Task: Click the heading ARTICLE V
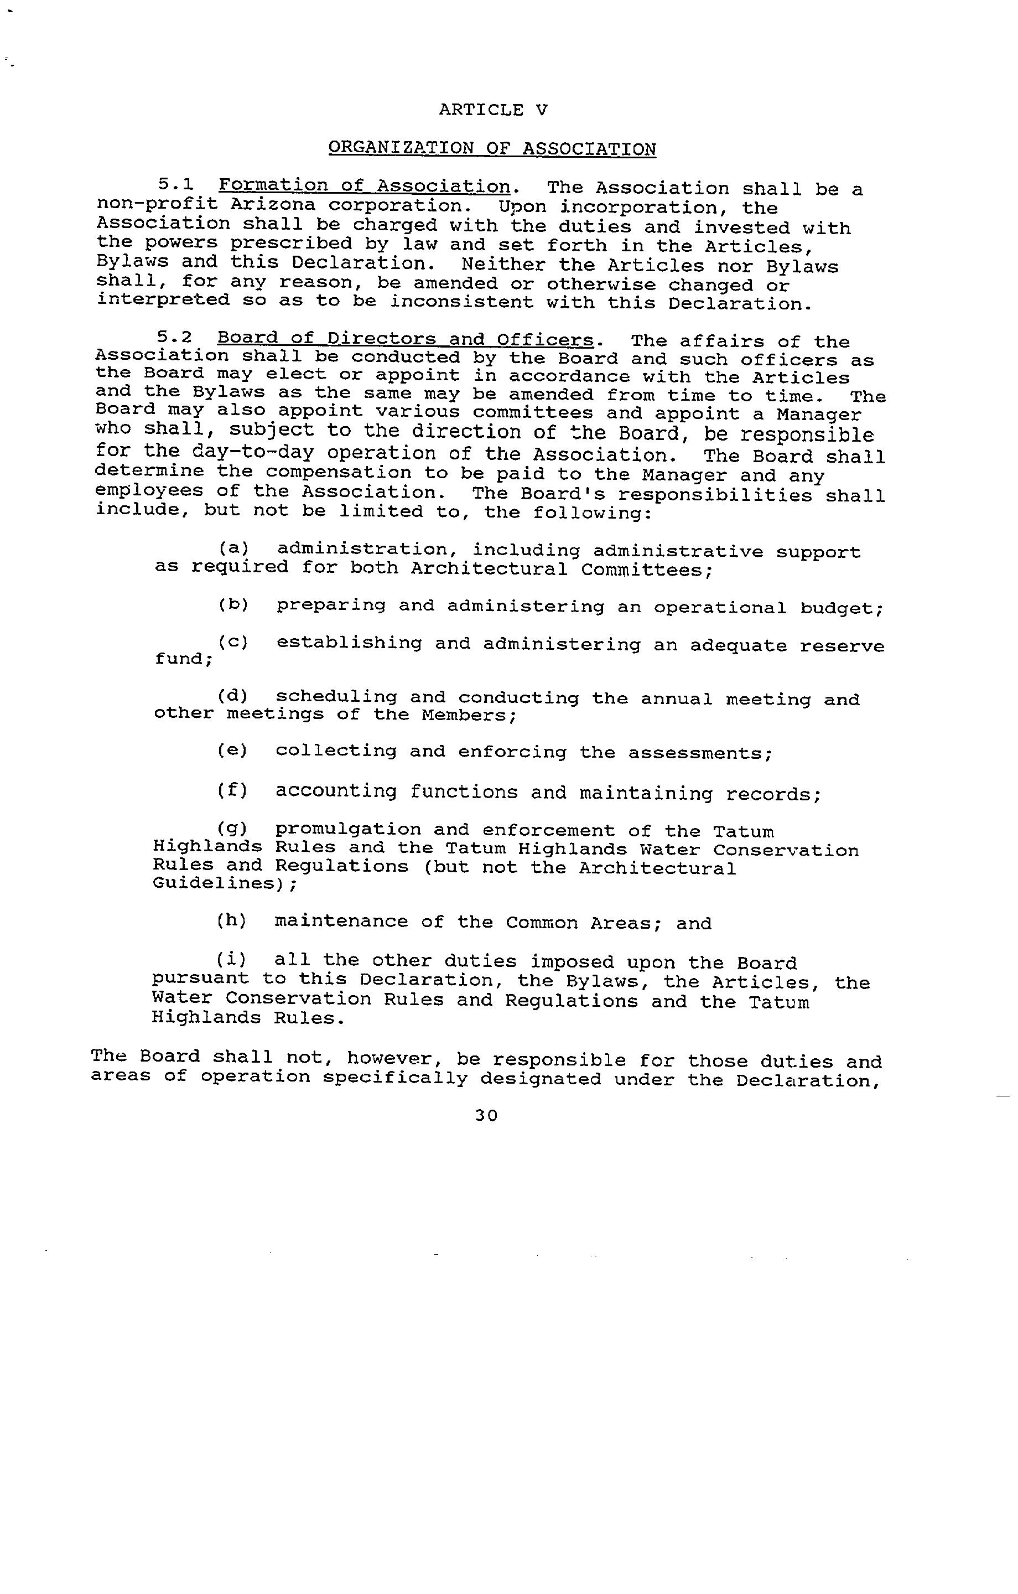493,110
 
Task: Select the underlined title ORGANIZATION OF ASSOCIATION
492,148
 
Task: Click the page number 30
486,1115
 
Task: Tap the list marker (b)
233,604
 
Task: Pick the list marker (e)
232,750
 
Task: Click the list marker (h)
232,921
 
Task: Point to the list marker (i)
232,959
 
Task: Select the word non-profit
157,205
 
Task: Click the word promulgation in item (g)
347,830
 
